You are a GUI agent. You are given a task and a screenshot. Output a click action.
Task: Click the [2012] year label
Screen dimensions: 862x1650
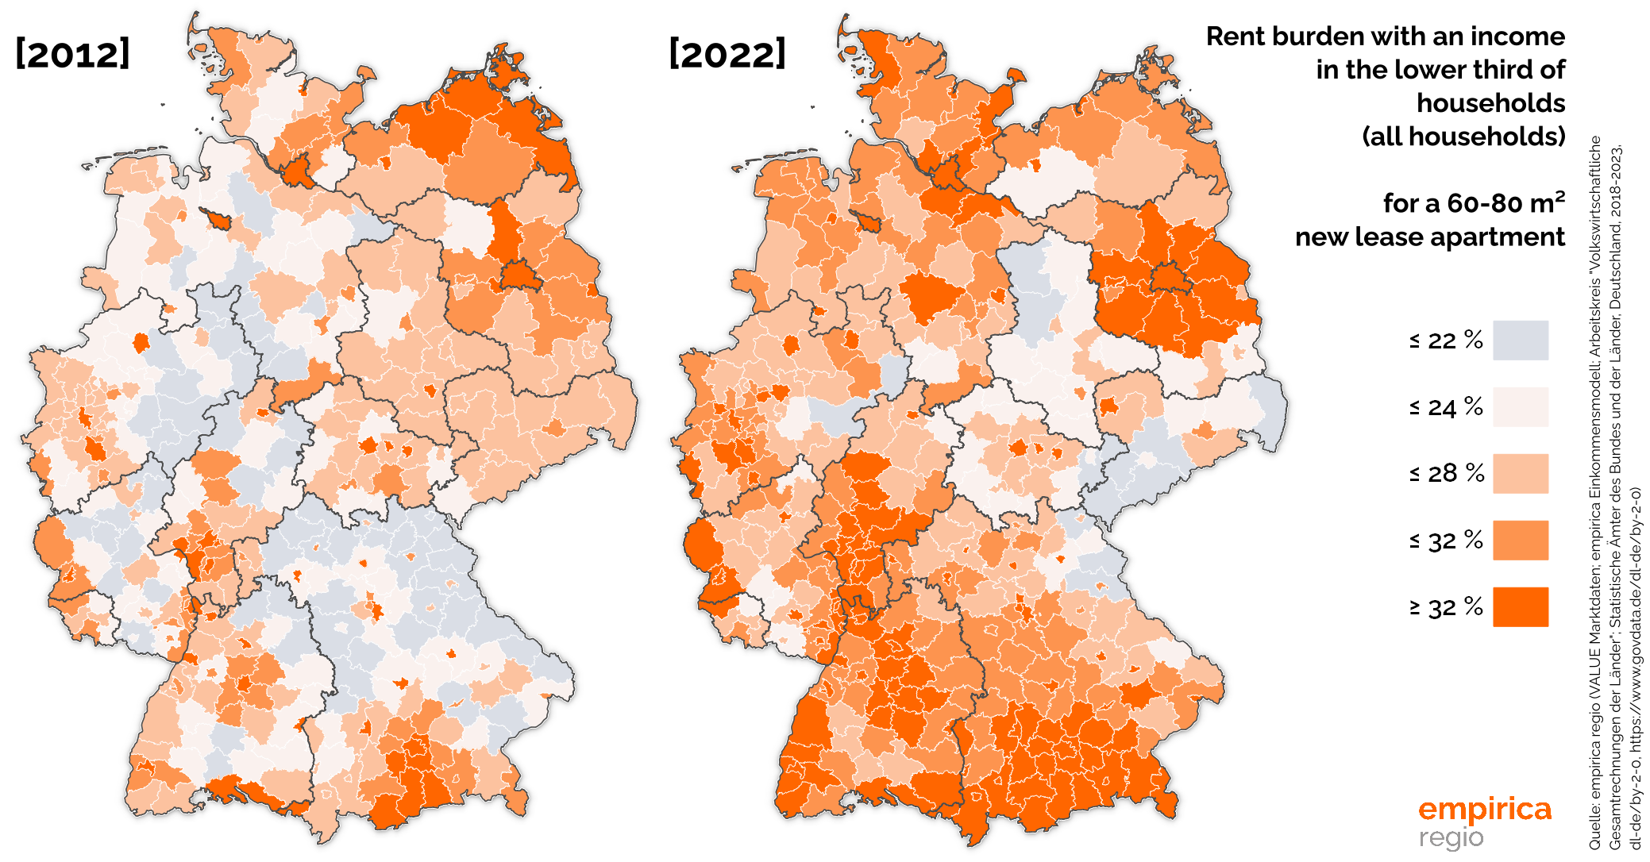coord(72,54)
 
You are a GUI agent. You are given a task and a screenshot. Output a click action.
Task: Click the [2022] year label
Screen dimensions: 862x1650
coord(727,54)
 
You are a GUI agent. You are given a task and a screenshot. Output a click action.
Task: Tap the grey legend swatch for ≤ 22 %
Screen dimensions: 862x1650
coord(1520,341)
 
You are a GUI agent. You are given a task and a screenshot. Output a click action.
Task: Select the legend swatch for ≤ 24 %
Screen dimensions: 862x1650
coord(1520,407)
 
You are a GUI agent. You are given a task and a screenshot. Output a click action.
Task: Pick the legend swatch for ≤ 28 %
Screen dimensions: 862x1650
coord(1520,474)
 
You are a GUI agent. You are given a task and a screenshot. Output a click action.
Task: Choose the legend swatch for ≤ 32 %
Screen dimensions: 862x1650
coord(1520,541)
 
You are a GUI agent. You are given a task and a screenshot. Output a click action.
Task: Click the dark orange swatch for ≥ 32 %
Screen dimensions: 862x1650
coord(1520,607)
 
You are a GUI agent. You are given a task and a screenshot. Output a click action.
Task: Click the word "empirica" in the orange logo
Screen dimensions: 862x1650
coord(1484,810)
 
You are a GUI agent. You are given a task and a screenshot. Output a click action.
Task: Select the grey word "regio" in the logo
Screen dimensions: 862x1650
coord(1451,837)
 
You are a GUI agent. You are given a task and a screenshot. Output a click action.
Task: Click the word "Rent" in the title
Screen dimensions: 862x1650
coord(1236,37)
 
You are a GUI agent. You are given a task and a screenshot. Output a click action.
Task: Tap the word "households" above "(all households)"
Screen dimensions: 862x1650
coord(1490,103)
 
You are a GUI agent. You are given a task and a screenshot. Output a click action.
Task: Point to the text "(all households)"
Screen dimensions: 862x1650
coord(1463,137)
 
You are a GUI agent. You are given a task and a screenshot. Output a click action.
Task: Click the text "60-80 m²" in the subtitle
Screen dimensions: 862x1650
coord(1505,203)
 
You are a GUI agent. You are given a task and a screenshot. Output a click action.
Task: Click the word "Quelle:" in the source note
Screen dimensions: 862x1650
coord(1594,829)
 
